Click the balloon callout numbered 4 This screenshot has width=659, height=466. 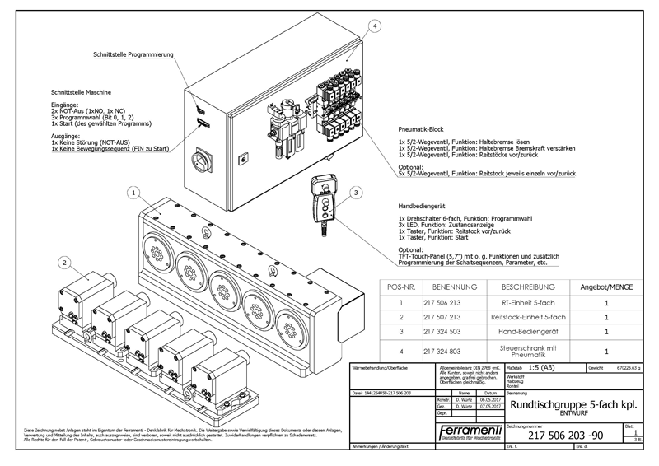376,27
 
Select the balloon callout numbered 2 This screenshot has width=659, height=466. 63,263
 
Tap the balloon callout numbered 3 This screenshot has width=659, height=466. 355,193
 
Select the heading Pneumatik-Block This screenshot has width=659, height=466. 421,130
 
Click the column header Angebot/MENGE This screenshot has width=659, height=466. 605,287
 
